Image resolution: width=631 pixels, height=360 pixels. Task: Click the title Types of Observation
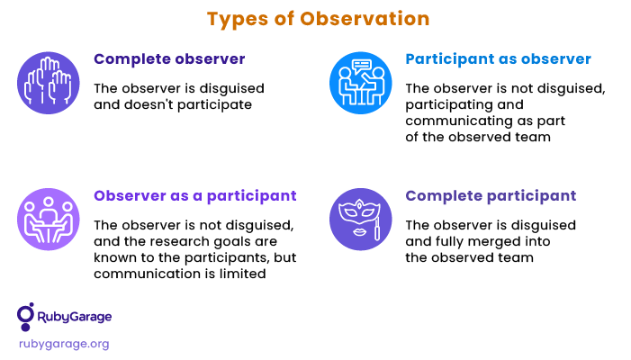[319, 19]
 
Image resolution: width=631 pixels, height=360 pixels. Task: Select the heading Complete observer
[169, 59]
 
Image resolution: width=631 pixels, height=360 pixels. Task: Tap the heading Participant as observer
[498, 59]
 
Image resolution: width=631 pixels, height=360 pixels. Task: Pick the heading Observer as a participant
[195, 196]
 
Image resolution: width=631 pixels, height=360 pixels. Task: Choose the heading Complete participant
[491, 196]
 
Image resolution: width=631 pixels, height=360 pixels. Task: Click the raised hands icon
[49, 83]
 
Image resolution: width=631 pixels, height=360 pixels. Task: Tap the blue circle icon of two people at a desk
[361, 83]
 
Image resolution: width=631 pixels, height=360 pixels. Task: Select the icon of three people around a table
[49, 220]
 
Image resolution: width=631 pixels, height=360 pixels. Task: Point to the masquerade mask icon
[361, 220]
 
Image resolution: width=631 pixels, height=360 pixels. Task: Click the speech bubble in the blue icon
[361, 67]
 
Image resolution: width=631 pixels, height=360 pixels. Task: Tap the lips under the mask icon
[359, 232]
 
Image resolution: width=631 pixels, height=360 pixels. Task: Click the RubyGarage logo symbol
[25, 317]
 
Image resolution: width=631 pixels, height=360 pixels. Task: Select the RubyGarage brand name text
[75, 317]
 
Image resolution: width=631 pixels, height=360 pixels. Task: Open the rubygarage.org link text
[64, 345]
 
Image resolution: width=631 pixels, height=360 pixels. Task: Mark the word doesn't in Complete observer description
[149, 104]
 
